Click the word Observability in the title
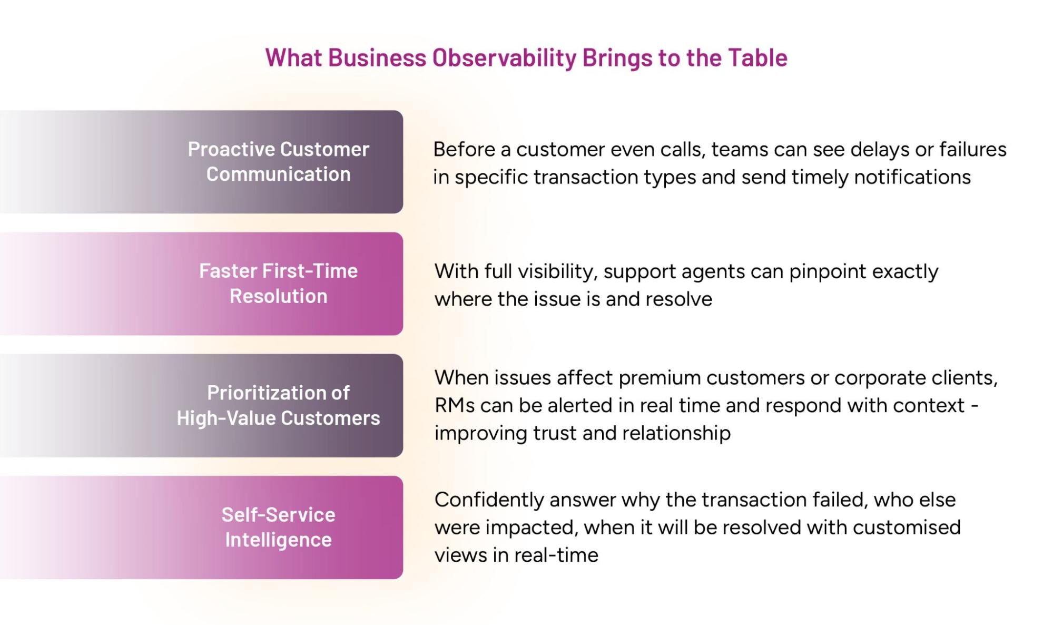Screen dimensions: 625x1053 pyautogui.click(x=504, y=58)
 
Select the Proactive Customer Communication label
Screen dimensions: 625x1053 pyautogui.click(x=278, y=162)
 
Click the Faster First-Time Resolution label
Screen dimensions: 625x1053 pyautogui.click(x=278, y=284)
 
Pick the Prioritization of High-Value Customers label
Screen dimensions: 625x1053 pyautogui.click(x=278, y=405)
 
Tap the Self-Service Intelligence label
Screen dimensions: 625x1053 pyautogui.click(x=278, y=527)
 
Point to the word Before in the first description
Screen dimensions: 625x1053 pyautogui.click(x=464, y=150)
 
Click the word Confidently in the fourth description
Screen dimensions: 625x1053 pyautogui.click(x=488, y=500)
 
